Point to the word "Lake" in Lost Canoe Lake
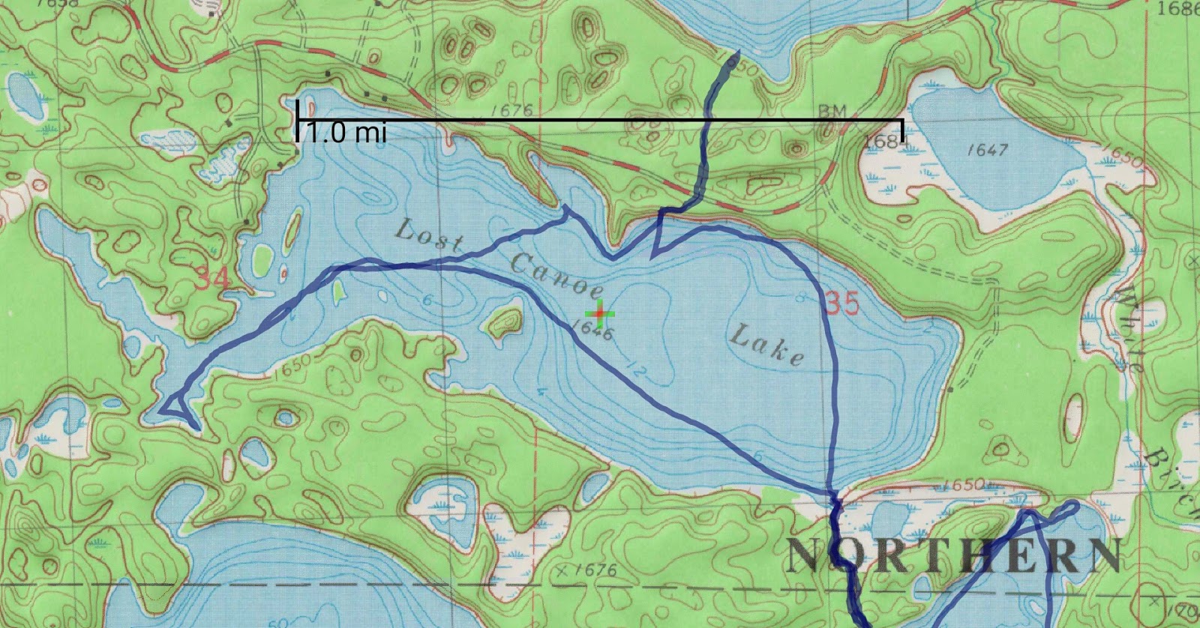pos(766,345)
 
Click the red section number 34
pos(213,280)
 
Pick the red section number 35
pos(841,303)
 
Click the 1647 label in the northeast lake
pos(987,150)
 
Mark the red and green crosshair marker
pos(599,313)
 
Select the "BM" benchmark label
pos(832,111)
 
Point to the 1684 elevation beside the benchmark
pos(884,142)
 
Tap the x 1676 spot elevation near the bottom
pos(588,571)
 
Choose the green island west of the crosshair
pos(505,320)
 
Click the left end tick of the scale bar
pos(298,121)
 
